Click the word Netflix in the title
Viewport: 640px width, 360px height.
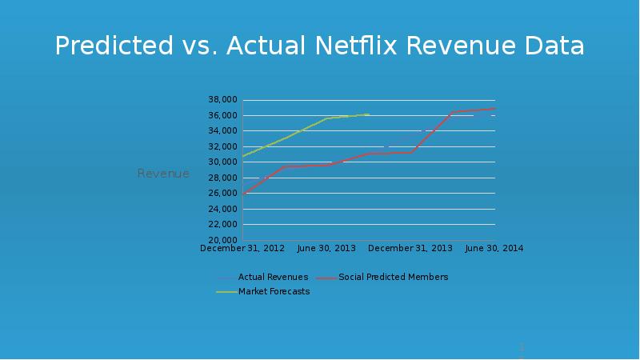coord(360,46)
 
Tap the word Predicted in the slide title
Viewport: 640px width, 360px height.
coord(111,46)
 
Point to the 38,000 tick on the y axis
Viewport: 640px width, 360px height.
coord(222,100)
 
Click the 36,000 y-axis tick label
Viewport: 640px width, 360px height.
coord(222,115)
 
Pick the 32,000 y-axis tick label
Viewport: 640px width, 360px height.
coord(222,146)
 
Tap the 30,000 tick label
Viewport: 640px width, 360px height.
coord(222,162)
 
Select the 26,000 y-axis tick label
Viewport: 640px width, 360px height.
coord(222,194)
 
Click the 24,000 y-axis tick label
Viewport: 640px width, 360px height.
coord(222,209)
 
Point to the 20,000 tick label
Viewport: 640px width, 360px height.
coord(222,240)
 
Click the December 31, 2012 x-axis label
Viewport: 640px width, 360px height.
coord(242,249)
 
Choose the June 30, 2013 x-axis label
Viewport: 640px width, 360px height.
coord(326,249)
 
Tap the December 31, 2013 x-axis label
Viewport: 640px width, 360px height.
coord(410,249)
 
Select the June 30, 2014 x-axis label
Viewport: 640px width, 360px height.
coord(494,249)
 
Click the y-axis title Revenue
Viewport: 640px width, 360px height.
coord(163,174)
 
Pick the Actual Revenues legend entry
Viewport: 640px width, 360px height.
coord(273,278)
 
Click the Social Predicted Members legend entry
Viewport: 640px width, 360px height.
coord(393,278)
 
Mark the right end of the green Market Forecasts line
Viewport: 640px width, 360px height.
coord(368,114)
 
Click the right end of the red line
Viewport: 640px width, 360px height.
coord(495,108)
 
